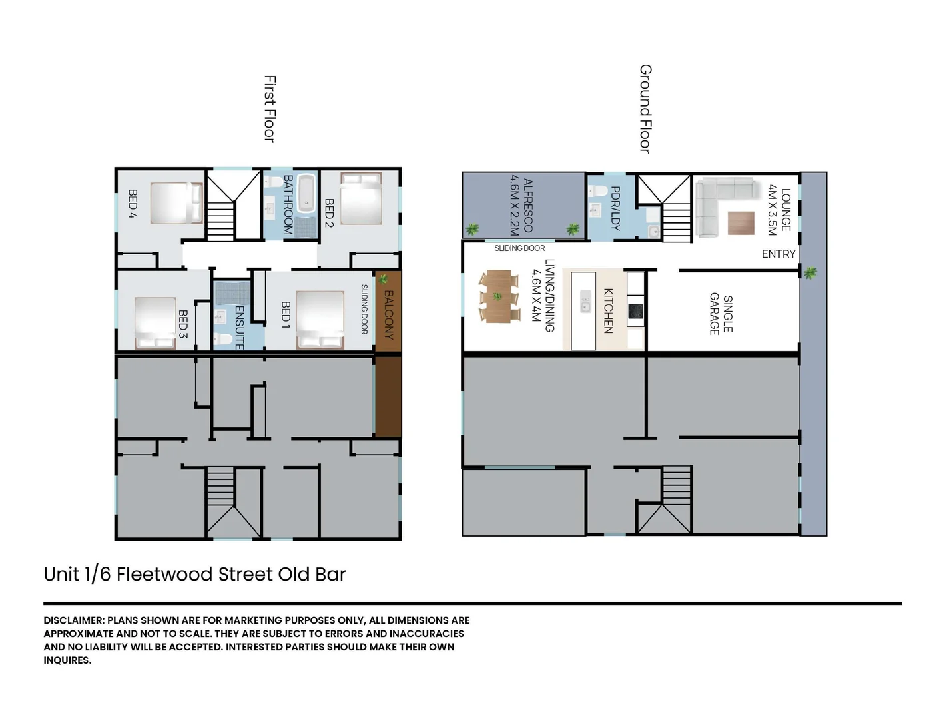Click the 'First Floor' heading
pyautogui.click(x=270, y=109)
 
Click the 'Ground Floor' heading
pyautogui.click(x=645, y=109)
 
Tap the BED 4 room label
pyautogui.click(x=133, y=204)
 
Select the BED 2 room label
pyautogui.click(x=329, y=212)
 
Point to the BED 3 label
pyautogui.click(x=183, y=324)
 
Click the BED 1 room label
pyautogui.click(x=286, y=314)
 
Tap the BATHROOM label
pyautogui.click(x=288, y=204)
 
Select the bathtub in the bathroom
pyautogui.click(x=307, y=193)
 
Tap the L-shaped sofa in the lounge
pyautogui.click(x=716, y=200)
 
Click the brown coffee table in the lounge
pyautogui.click(x=741, y=222)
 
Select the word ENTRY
pyautogui.click(x=778, y=254)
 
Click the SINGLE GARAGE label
pyautogui.click(x=721, y=314)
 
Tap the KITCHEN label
pyautogui.click(x=608, y=310)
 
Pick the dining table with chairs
pyautogui.click(x=499, y=296)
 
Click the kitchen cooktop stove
pyautogui.click(x=635, y=310)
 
